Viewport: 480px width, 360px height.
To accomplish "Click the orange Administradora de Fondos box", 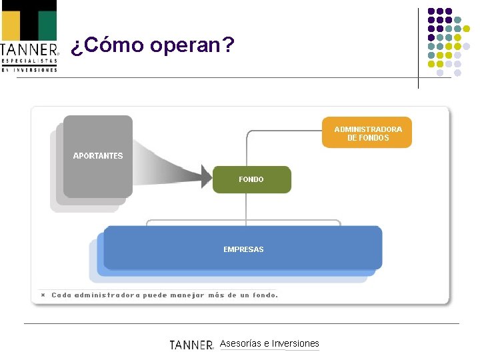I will click(x=367, y=133).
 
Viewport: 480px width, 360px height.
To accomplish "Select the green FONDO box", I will click(x=251, y=179).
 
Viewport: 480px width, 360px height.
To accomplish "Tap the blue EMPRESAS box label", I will click(x=243, y=249).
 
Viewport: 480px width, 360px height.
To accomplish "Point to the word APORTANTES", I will click(x=98, y=155).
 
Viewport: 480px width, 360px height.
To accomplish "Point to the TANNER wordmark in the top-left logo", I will click(x=29, y=50).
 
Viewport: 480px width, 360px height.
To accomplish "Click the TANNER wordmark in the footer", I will click(x=191, y=345).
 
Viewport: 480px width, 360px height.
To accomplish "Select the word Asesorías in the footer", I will click(x=241, y=344).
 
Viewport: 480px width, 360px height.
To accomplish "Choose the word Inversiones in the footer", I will click(x=295, y=344).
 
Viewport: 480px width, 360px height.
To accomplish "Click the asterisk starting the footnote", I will click(x=43, y=295).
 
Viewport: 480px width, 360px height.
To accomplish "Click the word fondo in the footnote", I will click(x=264, y=295).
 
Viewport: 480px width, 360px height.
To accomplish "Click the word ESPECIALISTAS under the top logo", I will click(x=29, y=61).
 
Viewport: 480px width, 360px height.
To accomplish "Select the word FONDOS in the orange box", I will click(x=375, y=138).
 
